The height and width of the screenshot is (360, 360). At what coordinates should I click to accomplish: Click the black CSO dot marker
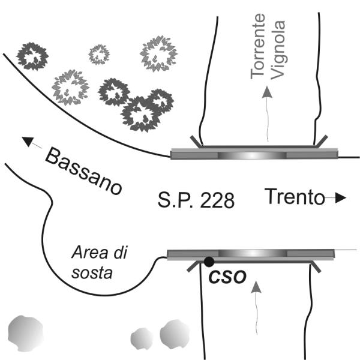click(x=208, y=262)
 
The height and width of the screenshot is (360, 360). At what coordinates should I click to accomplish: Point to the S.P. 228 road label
click(x=196, y=199)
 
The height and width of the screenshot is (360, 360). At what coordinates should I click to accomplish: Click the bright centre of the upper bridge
click(x=252, y=154)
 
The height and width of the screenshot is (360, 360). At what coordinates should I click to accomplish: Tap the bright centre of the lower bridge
click(x=252, y=253)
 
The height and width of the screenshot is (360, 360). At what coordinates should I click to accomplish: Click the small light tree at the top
click(x=99, y=54)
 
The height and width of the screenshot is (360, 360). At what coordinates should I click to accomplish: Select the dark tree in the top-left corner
click(x=31, y=56)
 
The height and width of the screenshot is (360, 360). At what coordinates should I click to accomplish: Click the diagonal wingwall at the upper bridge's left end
click(x=197, y=141)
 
